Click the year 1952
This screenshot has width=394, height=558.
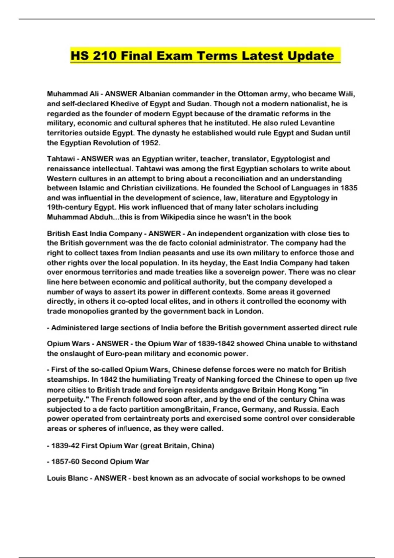[150, 143]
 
